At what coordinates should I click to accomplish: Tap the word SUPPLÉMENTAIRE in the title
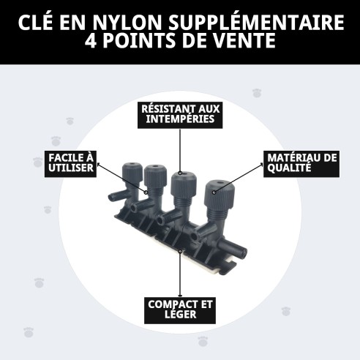[x=256, y=22]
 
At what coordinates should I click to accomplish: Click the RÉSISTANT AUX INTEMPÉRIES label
[x=179, y=113]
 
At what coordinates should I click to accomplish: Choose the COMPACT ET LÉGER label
[x=179, y=309]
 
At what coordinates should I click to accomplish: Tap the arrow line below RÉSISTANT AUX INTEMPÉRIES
[x=180, y=150]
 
